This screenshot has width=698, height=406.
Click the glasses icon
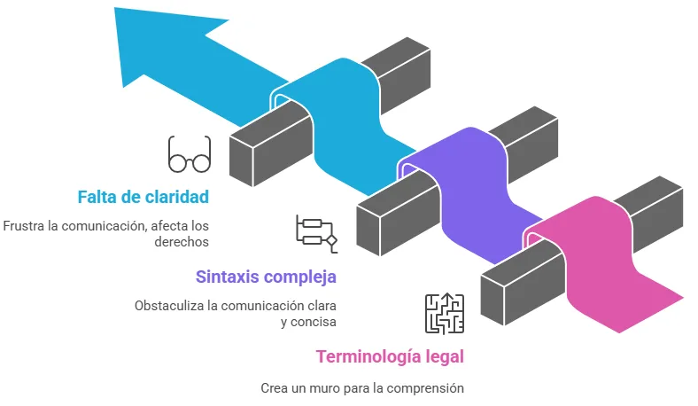pyautogui.click(x=190, y=154)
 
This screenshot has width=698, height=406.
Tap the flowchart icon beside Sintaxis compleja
pyautogui.click(x=316, y=230)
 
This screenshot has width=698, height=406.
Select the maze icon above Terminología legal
pyautogui.click(x=444, y=314)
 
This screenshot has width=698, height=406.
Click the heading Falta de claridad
pyautogui.click(x=143, y=196)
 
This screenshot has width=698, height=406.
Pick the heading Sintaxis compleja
pyautogui.click(x=266, y=277)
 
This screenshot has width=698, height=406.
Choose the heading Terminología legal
pyautogui.click(x=390, y=357)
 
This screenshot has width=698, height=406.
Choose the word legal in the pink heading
pyautogui.click(x=444, y=357)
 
